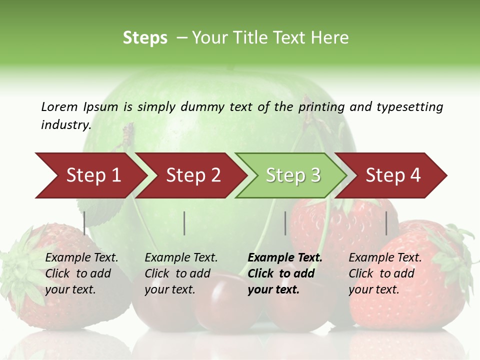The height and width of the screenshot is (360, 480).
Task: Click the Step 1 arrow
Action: click(92, 175)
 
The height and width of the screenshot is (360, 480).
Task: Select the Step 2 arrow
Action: click(192, 175)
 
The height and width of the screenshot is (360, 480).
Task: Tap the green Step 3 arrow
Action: click(292, 175)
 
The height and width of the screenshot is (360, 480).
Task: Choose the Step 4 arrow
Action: click(392, 175)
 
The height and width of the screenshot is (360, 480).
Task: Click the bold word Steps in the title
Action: click(145, 38)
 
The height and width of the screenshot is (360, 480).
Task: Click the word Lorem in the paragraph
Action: click(59, 106)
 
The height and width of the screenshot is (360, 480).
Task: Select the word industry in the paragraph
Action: click(65, 125)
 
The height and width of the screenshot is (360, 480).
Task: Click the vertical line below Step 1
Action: click(84, 223)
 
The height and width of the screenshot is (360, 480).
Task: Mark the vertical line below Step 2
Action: click(184, 223)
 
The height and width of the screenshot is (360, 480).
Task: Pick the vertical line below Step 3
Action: click(285, 223)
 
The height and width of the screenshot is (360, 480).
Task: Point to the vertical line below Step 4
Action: click(386, 223)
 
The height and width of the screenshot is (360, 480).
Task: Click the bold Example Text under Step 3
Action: click(285, 258)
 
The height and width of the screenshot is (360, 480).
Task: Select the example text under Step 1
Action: click(81, 273)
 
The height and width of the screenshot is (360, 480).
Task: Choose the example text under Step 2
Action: click(181, 273)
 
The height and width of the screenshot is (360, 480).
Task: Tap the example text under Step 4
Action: click(385, 273)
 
